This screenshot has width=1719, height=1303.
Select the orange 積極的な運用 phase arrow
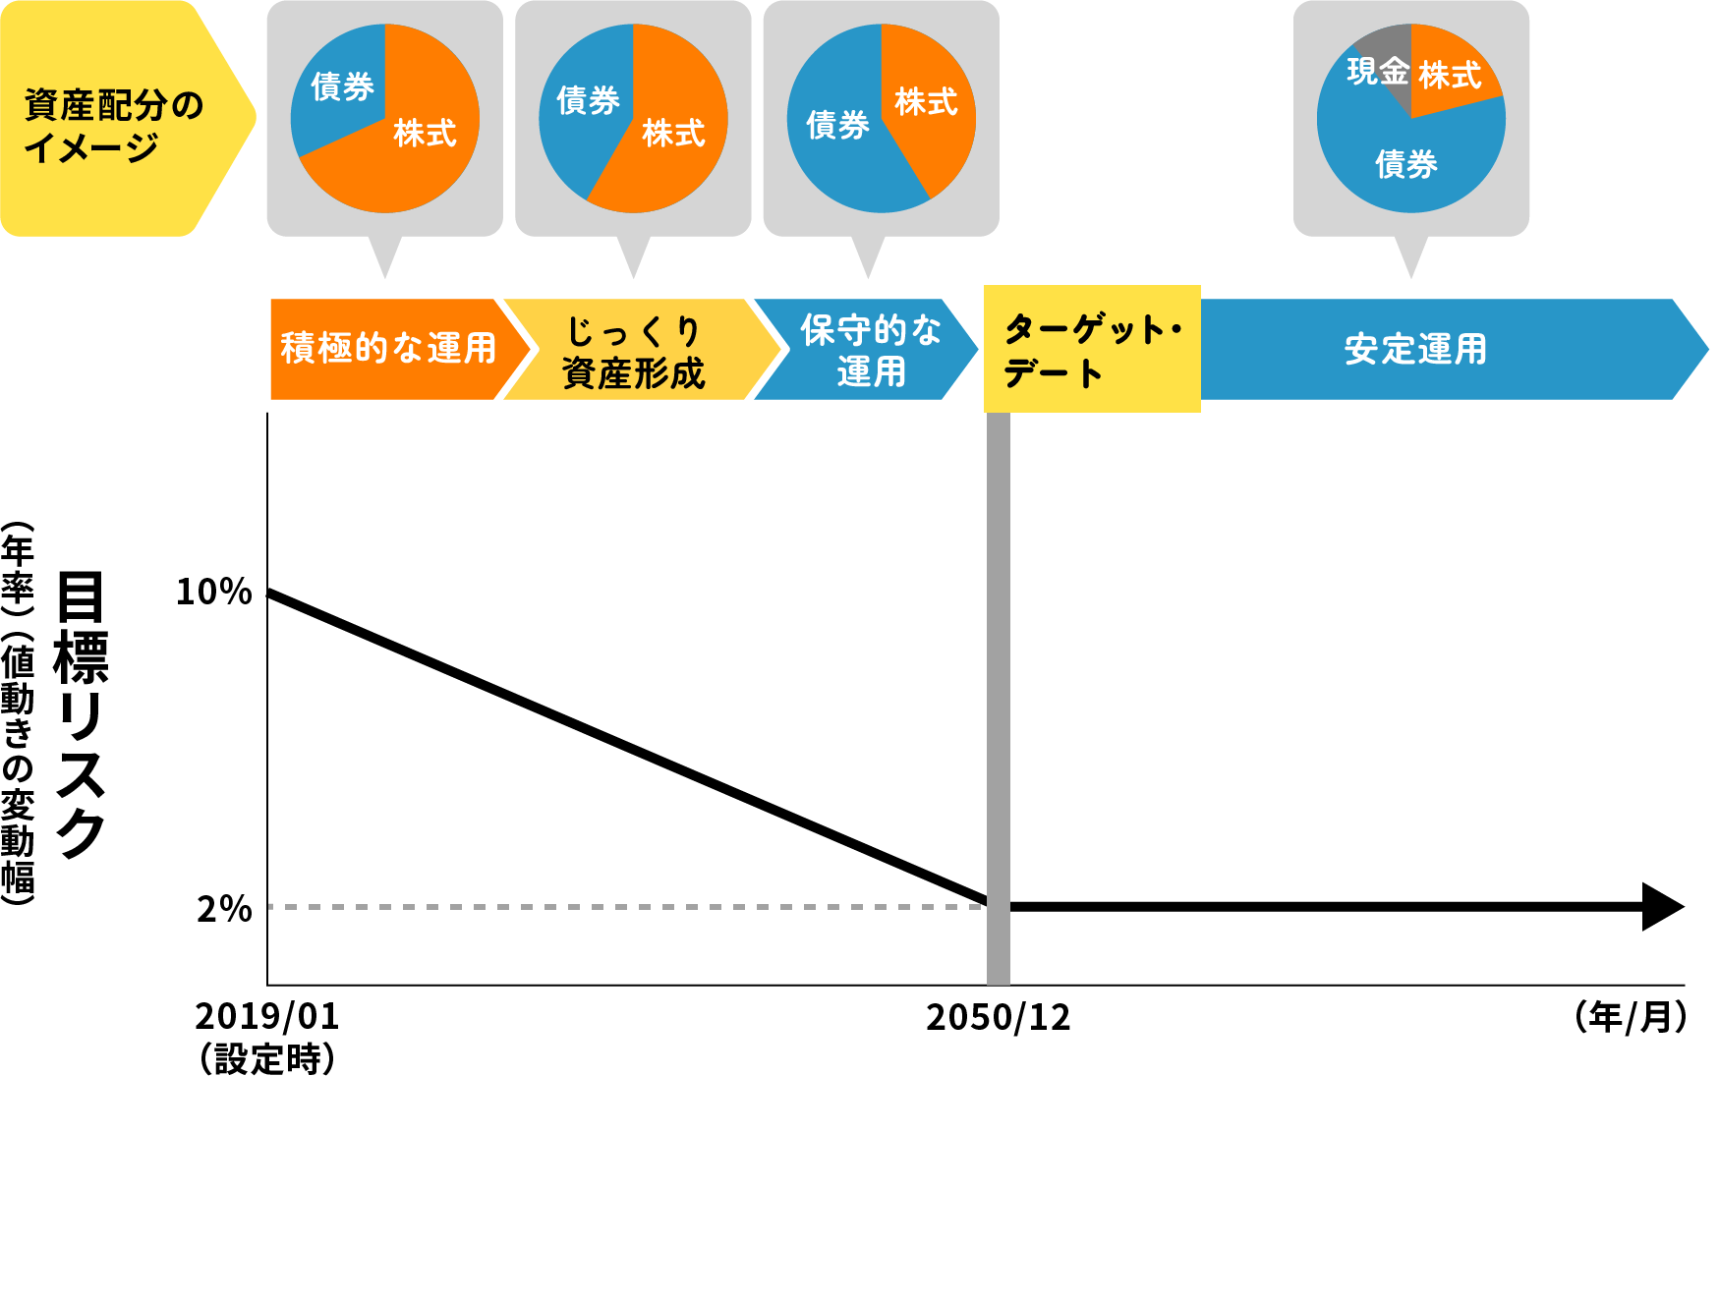[x=388, y=349]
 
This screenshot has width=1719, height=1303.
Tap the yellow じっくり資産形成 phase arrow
[x=634, y=351]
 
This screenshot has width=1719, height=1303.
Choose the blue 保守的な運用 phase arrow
[x=870, y=351]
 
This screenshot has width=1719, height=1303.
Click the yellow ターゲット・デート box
[x=1092, y=349]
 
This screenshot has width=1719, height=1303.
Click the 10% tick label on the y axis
[x=213, y=592]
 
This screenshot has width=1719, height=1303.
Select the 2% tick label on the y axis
[x=224, y=909]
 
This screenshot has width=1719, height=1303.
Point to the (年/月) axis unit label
[x=1631, y=1017]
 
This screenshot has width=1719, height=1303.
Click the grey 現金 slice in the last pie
[x=1381, y=61]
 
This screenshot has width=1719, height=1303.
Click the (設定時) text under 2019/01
[x=266, y=1059]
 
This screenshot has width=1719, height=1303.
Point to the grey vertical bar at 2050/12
[x=998, y=688]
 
